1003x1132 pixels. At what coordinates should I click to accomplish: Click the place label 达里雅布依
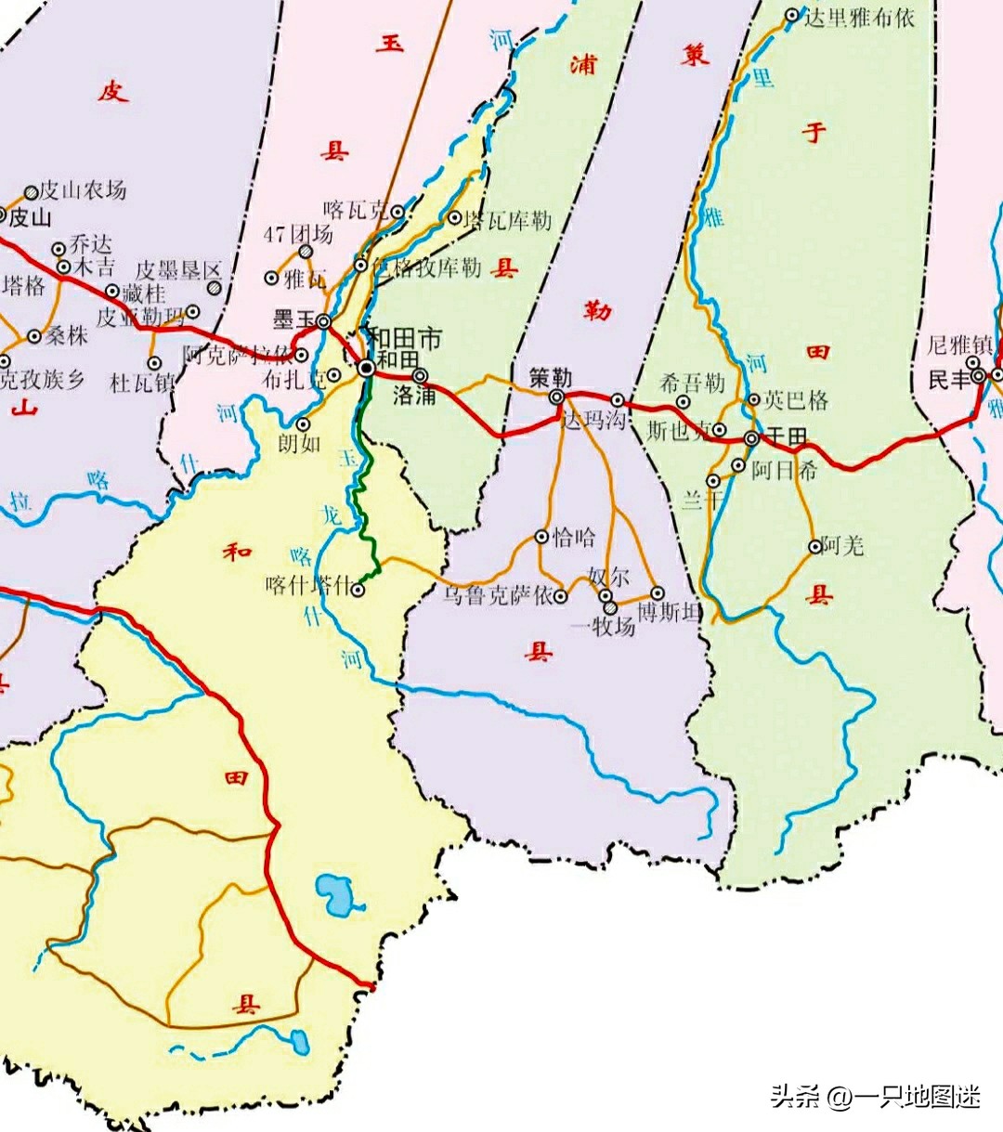point(859,17)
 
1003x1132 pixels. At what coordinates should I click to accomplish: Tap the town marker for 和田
point(367,369)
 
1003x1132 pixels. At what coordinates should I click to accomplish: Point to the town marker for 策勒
point(556,397)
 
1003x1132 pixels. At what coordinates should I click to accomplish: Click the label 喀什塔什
point(308,586)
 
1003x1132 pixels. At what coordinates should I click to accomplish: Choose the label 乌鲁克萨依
point(496,595)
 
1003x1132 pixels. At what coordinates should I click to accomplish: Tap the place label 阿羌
point(843,545)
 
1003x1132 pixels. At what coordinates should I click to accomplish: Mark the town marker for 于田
point(751,438)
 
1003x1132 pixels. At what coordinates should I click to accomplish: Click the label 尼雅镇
point(959,345)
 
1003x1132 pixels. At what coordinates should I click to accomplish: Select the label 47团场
point(297,234)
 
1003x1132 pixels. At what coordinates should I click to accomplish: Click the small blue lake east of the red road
point(329,893)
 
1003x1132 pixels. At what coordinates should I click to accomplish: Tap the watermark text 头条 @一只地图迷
point(875,1097)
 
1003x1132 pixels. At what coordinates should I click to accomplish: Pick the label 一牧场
point(602,627)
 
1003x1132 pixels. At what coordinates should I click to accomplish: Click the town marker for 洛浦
point(421,376)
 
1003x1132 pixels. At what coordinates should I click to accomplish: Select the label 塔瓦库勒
point(507,220)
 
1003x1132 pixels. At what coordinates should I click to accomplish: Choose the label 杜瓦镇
point(142,382)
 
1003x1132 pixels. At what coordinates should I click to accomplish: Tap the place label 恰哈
point(574,537)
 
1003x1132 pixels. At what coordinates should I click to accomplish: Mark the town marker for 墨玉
point(324,321)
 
